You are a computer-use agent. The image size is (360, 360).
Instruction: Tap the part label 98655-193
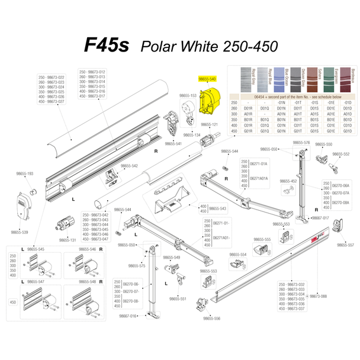(x=24, y=173)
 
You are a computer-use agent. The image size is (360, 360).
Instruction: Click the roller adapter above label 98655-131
(x=65, y=226)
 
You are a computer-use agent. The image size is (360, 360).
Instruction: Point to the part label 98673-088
(x=318, y=296)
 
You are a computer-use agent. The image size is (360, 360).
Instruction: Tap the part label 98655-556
(x=211, y=319)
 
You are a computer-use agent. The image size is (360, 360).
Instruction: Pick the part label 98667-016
(x=128, y=316)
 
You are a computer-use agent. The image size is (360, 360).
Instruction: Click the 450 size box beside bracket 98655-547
(x=13, y=301)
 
